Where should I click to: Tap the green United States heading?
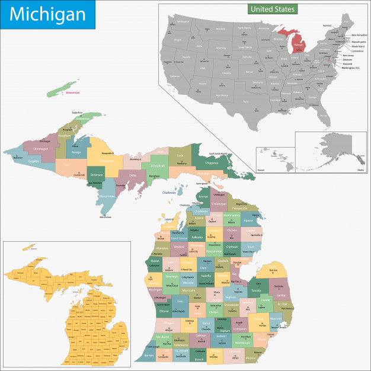click(272, 9)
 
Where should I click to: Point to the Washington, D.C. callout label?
click(354, 69)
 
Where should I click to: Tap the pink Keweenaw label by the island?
click(73, 93)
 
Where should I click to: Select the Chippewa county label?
click(212, 161)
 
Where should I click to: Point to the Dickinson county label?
click(96, 175)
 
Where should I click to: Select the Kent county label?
click(181, 302)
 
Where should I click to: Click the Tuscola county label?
click(257, 291)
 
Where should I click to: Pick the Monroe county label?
click(251, 357)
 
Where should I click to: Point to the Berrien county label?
click(149, 355)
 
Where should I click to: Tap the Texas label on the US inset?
click(222, 95)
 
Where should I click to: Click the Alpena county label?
click(247, 220)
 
